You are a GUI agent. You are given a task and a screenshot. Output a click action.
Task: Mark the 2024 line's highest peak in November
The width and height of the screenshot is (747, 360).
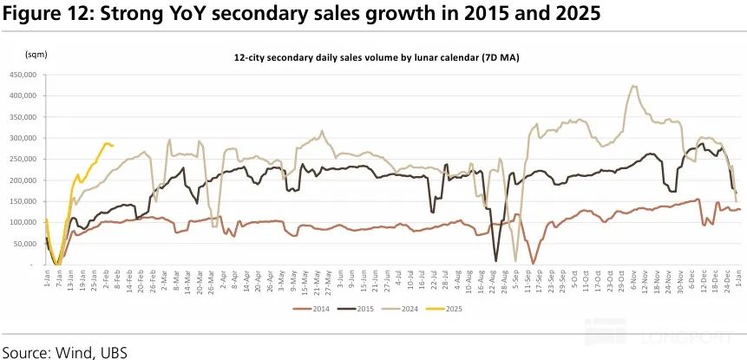coord(634,86)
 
